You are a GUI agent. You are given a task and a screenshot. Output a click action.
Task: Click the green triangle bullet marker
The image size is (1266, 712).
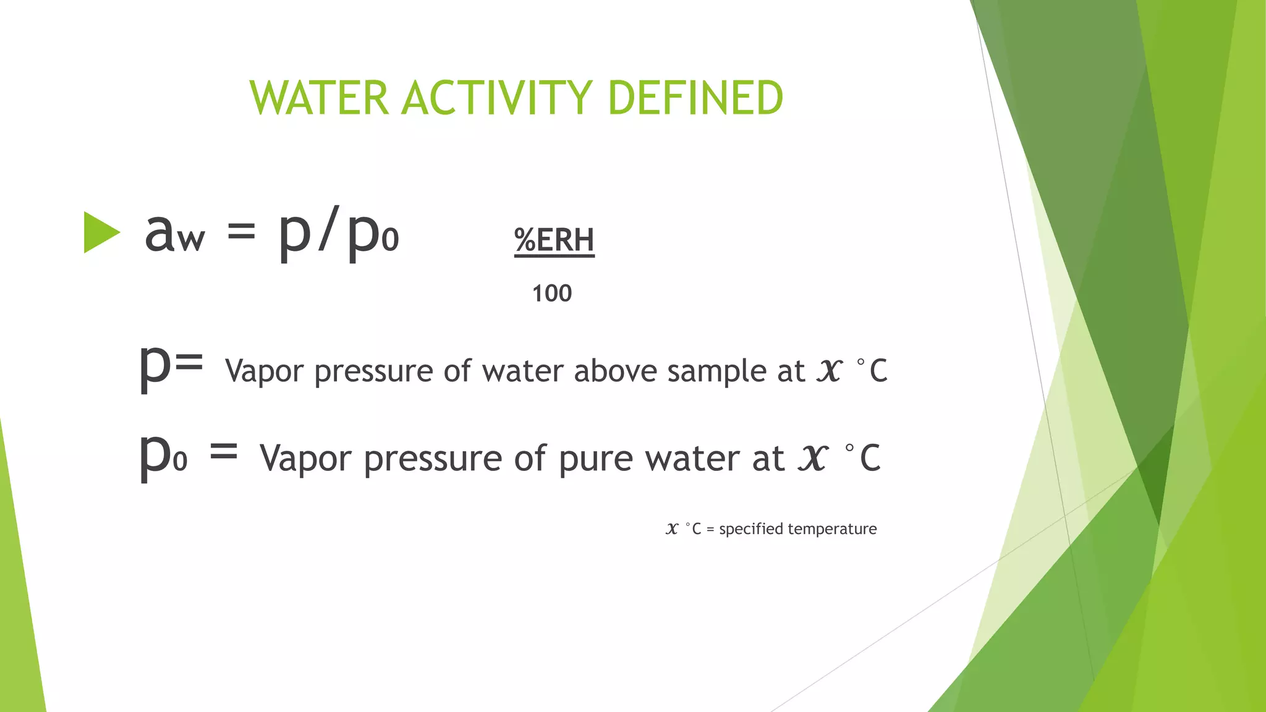[x=101, y=232]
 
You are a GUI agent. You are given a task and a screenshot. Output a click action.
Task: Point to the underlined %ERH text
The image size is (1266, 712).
[x=554, y=240]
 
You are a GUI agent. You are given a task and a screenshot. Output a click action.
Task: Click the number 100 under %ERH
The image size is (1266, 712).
[x=552, y=293]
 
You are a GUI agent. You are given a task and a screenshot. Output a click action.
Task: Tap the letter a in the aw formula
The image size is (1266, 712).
[x=159, y=233]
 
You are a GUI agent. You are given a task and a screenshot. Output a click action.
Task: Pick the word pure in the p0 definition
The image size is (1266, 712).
[x=596, y=459]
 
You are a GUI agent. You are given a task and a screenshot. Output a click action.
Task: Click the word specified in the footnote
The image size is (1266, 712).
[x=751, y=529]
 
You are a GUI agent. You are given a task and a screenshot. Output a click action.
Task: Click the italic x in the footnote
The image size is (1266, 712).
[x=672, y=528]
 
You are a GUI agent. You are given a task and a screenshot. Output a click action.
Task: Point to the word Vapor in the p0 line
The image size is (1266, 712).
[x=307, y=459]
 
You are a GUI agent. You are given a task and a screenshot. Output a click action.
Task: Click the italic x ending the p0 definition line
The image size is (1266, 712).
[x=812, y=457]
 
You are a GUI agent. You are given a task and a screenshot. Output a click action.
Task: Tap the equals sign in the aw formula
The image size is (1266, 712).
[x=241, y=232]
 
